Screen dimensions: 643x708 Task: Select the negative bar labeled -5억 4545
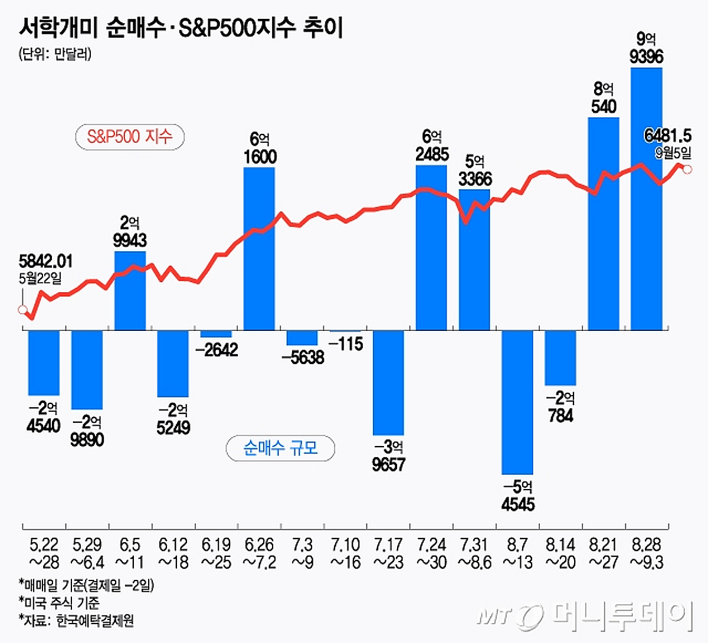[517, 402]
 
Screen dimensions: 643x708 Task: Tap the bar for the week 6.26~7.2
[260, 248]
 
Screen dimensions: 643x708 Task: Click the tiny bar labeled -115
[345, 332]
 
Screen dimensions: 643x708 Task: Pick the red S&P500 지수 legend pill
[130, 137]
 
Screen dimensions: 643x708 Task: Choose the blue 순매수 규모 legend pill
[280, 448]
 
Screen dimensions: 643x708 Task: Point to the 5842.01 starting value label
[46, 261]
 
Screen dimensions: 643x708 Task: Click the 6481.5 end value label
[667, 136]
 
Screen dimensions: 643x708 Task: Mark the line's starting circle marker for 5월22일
[22, 310]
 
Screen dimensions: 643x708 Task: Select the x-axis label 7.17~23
[388, 553]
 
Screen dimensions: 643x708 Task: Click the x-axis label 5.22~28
[44, 553]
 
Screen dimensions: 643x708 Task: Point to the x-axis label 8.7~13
[517, 553]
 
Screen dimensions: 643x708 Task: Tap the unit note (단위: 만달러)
[55, 54]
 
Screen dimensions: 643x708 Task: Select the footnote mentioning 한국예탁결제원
[77, 620]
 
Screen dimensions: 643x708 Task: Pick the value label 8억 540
[604, 98]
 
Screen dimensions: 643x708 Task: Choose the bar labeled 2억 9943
[130, 290]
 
